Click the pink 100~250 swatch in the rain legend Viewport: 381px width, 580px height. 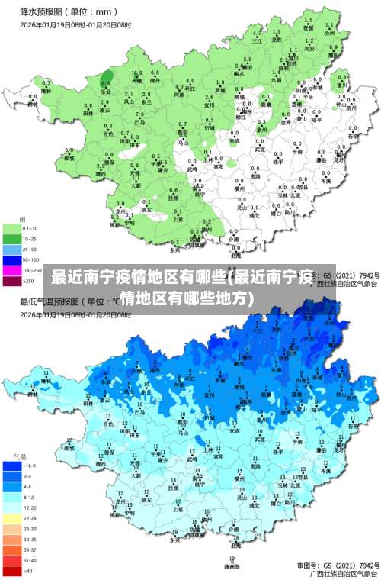tap(12, 270)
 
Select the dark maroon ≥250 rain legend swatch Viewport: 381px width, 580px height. tap(12, 281)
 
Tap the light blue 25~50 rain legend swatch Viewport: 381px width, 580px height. tap(12, 249)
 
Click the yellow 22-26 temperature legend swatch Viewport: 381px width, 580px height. tap(12, 517)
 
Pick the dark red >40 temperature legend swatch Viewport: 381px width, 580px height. tap(12, 570)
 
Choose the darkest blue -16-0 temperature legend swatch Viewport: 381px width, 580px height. tap(12, 465)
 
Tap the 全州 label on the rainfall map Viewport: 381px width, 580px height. tap(329, 34)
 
